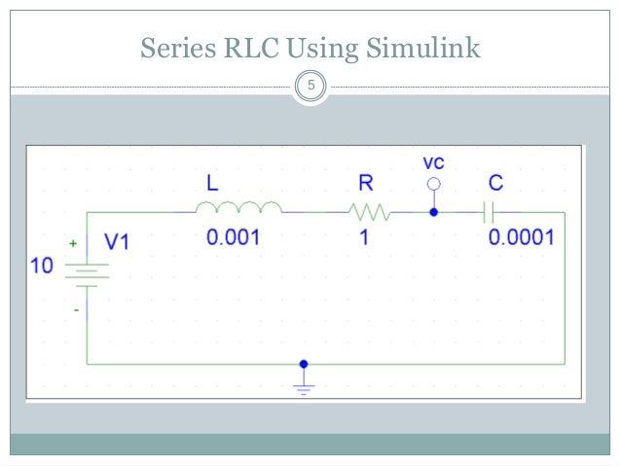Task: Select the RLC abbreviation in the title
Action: pos(255,46)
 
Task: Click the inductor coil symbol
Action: pos(238,208)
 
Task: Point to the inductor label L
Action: pos(212,183)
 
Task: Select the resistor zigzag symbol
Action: pos(369,210)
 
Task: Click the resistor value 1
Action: pos(362,237)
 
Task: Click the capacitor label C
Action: pos(495,183)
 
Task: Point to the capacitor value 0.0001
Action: pos(522,237)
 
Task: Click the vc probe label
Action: pos(434,161)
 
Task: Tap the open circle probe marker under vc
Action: pos(434,183)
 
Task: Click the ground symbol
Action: pos(304,386)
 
